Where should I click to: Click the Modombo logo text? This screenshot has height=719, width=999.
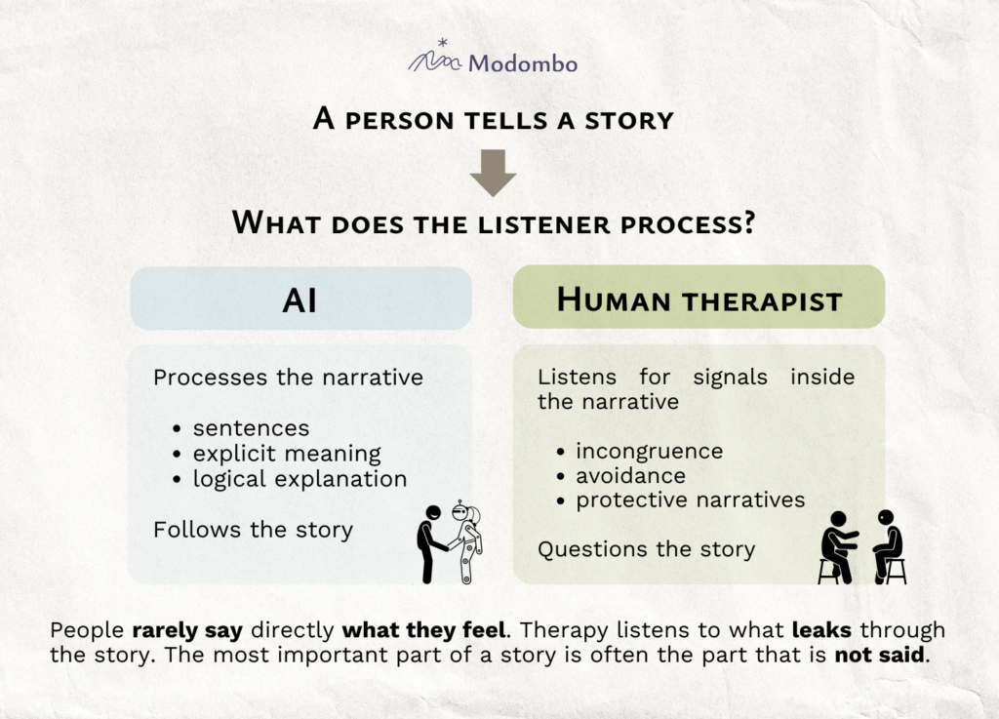click(523, 64)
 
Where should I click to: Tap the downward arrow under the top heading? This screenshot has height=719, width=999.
click(493, 173)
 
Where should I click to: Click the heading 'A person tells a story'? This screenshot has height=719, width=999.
click(493, 120)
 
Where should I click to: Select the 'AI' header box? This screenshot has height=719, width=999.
click(300, 299)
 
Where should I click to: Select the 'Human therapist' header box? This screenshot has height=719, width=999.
click(699, 299)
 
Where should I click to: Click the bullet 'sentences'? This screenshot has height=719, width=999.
click(251, 427)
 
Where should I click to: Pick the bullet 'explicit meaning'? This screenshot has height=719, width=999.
click(287, 454)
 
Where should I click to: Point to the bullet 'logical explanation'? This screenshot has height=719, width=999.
click(300, 479)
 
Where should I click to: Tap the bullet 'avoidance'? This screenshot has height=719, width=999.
click(630, 476)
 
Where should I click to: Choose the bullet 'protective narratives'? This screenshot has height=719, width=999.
click(690, 500)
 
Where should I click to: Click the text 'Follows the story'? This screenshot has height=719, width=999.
click(253, 530)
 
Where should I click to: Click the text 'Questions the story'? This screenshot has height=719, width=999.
click(646, 549)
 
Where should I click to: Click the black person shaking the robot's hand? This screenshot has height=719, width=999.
click(429, 543)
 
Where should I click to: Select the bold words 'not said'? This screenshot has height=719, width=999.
click(881, 654)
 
